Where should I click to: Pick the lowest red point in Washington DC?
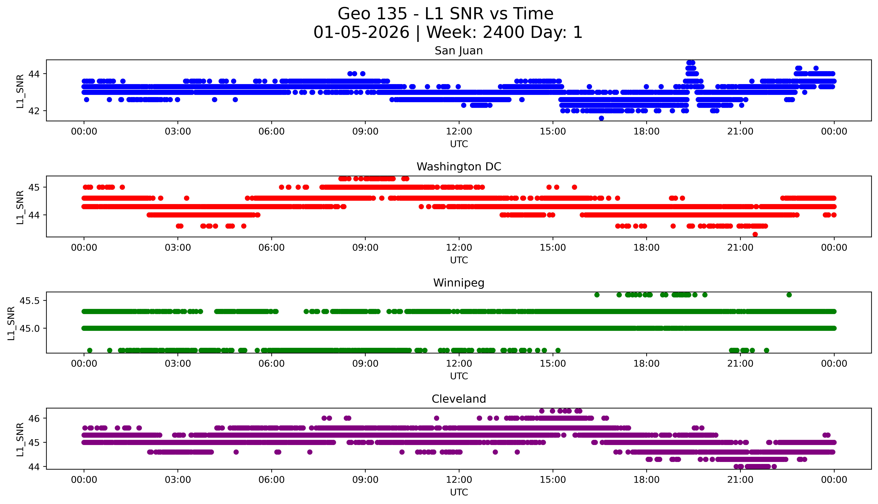pos(755,234)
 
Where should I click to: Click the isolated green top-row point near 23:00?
pos(789,295)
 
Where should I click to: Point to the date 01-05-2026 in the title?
pos(361,33)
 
